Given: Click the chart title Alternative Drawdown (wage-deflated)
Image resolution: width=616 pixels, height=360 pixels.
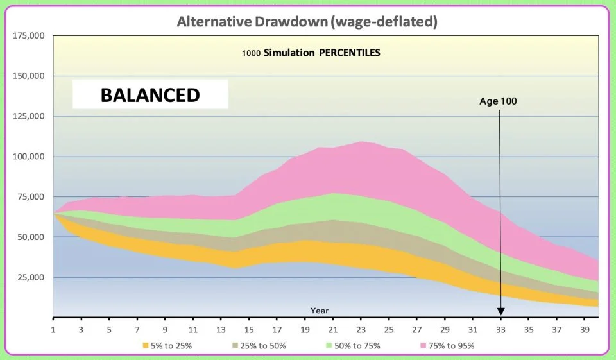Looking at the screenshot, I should (307, 22).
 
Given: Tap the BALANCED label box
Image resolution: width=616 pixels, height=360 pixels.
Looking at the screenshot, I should (150, 95).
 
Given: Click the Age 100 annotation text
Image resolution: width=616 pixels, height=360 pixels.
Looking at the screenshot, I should (498, 101).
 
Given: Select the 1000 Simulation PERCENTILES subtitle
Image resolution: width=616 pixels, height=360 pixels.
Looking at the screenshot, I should (311, 53).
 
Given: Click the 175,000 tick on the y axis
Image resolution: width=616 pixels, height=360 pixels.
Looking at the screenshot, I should (28, 35).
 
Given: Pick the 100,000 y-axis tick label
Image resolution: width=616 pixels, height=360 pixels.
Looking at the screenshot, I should (28, 157).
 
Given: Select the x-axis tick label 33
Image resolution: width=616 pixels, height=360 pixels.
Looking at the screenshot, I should (501, 330).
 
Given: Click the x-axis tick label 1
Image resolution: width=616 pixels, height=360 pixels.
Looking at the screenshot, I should (53, 330).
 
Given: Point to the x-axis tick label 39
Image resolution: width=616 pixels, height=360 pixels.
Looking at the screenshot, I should (585, 330).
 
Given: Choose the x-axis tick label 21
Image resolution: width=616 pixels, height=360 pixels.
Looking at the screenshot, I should (333, 330).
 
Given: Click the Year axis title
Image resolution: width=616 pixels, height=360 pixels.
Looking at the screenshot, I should (320, 311).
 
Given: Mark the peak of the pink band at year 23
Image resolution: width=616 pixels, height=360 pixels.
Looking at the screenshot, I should (361, 142).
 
